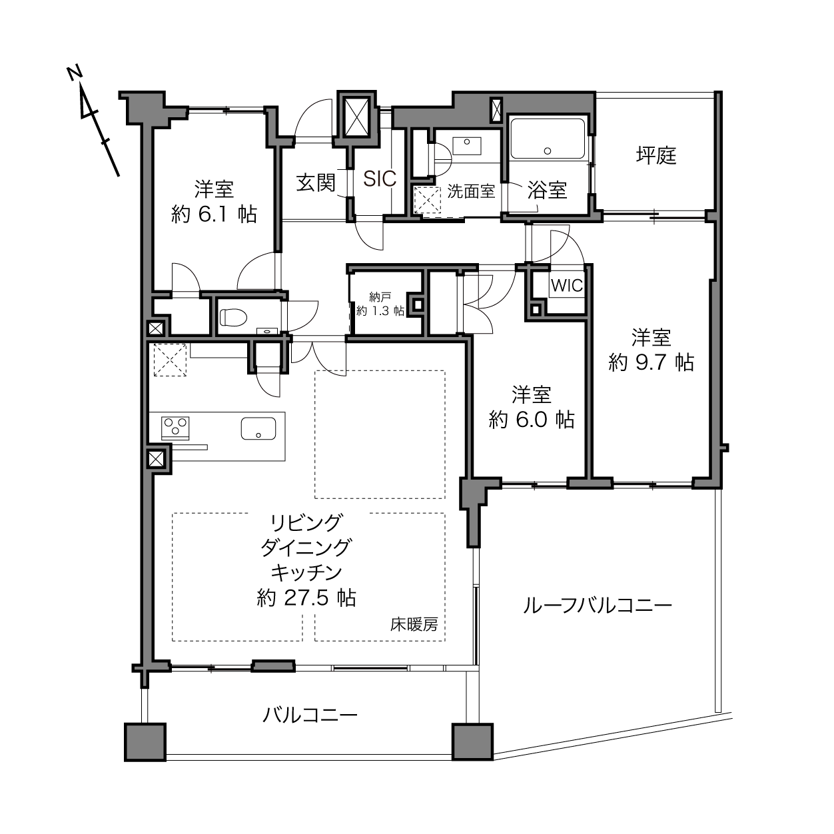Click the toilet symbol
[x=233, y=316]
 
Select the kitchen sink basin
[x=258, y=428]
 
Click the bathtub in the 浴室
[x=548, y=139]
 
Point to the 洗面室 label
[x=471, y=191]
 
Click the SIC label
[x=380, y=179]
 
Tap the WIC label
[x=566, y=285]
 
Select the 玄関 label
[x=316, y=183]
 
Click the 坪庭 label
[x=656, y=156]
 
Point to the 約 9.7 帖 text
[x=651, y=362]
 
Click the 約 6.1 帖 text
[x=214, y=214]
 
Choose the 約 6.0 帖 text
[x=532, y=420]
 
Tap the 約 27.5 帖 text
[x=306, y=598]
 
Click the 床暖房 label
[x=414, y=624]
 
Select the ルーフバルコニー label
[x=598, y=606]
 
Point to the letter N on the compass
[x=75, y=73]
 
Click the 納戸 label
[x=380, y=297]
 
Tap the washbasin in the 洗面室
[x=466, y=146]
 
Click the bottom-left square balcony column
[x=145, y=742]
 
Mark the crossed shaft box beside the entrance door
[x=356, y=117]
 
